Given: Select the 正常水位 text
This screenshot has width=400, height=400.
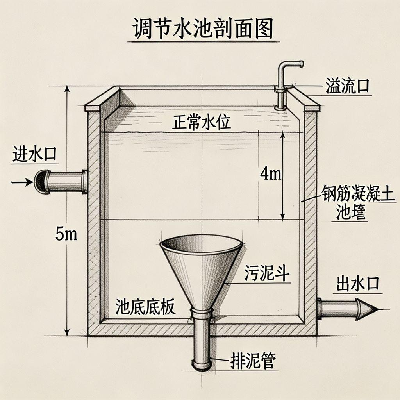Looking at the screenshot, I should click(x=202, y=123).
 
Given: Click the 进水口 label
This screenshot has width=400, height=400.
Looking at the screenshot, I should click(x=35, y=154).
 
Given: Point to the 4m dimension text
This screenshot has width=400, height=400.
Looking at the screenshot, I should click(x=270, y=174).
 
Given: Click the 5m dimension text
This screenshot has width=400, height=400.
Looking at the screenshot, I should click(x=66, y=234).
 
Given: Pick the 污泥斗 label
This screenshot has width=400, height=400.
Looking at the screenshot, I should click(x=267, y=273).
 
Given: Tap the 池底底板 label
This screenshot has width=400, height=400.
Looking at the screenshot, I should click(x=145, y=307).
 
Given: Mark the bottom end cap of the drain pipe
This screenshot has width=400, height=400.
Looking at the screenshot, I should click(x=202, y=365).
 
